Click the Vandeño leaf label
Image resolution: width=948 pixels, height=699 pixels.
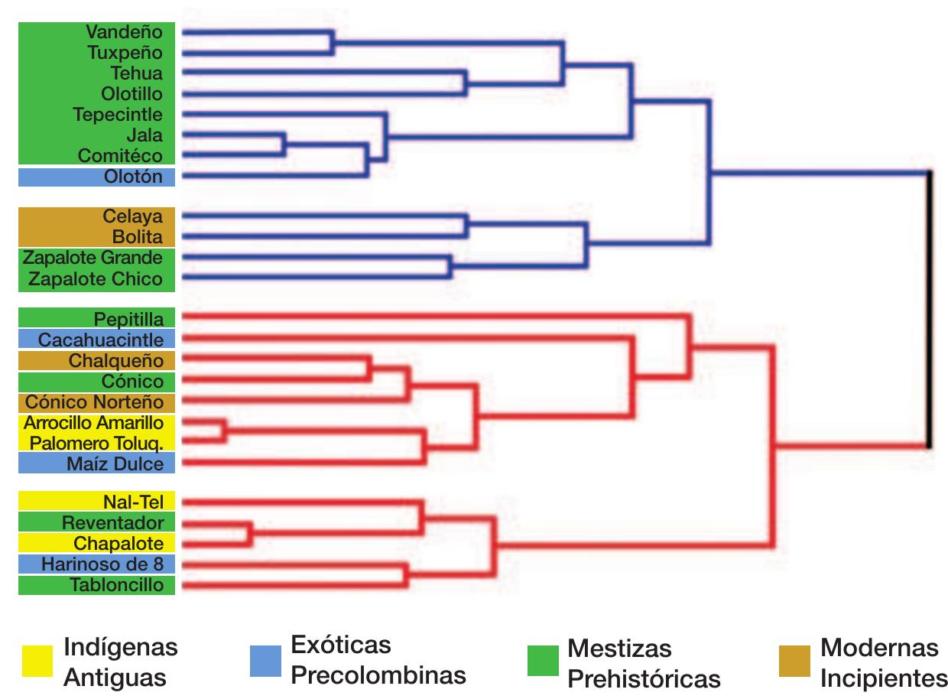pyautogui.click(x=125, y=33)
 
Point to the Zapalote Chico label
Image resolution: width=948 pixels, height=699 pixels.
pyautogui.click(x=96, y=278)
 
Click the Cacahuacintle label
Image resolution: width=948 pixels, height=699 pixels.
pyautogui.click(x=100, y=338)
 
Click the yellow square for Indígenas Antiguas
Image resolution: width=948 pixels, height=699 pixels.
pyautogui.click(x=37, y=661)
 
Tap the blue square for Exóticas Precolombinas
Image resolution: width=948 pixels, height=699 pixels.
pyautogui.click(x=265, y=661)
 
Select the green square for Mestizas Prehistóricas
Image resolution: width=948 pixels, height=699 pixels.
pyautogui.click(x=543, y=661)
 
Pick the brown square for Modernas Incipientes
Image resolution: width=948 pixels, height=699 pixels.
pyautogui.click(x=794, y=661)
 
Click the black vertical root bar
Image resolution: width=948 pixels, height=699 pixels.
pyautogui.click(x=929, y=309)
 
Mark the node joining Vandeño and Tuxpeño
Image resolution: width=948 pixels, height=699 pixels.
pyautogui.click(x=333, y=43)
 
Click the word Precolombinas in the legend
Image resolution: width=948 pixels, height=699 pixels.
pyautogui.click(x=378, y=676)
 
